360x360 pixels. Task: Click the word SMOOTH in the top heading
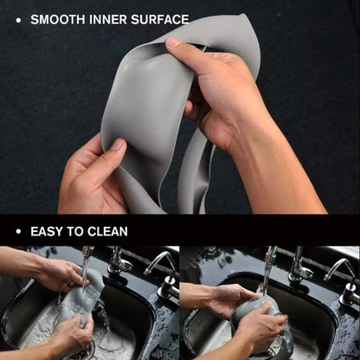point(57,18)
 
